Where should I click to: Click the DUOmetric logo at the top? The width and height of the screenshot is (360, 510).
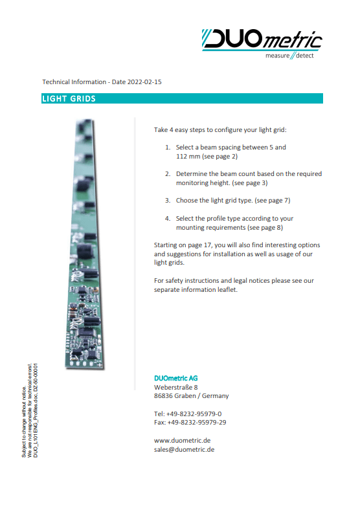click(262, 40)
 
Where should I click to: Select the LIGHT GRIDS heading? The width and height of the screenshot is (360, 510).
click(69, 99)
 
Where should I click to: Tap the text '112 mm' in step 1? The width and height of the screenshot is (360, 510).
click(188, 157)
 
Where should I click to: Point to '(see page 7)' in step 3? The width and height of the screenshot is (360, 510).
click(273, 201)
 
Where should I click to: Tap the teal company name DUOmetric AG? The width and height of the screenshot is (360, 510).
click(176, 378)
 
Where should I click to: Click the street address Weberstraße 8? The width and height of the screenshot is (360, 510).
click(176, 387)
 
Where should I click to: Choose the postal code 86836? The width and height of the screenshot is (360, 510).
click(164, 396)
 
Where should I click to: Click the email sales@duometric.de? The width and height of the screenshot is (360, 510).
click(185, 449)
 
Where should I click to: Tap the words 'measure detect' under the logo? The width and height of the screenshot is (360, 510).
click(289, 56)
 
